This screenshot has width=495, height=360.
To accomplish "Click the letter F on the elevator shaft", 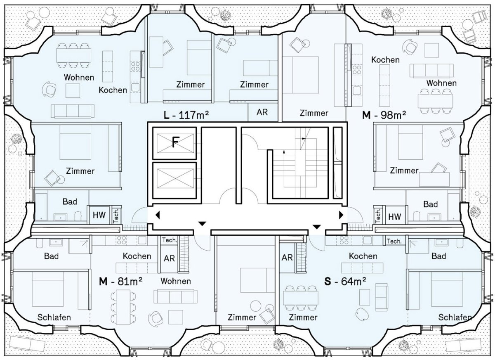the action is (175, 142).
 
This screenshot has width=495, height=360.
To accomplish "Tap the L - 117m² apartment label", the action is (186, 115).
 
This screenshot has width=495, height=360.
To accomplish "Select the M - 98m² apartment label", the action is (384, 115).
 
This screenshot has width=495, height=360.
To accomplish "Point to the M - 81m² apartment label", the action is (120, 282).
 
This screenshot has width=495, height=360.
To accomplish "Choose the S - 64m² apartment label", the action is (345, 281).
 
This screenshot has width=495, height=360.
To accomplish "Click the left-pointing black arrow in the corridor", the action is (158, 215).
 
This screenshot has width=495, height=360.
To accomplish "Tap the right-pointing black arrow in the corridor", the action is (342, 215).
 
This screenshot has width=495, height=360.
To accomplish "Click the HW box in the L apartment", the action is (99, 215).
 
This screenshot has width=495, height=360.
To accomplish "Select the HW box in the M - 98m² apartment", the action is (394, 216).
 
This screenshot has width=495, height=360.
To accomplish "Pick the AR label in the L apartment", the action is (262, 112).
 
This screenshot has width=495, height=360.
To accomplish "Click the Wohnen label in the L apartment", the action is (79, 77).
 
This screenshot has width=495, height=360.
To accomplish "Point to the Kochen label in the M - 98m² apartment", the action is (385, 60).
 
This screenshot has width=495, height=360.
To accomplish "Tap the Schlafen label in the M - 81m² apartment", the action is (54, 317).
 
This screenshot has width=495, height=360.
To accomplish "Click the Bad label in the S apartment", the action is (438, 256).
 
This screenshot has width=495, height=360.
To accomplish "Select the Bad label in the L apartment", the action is (70, 201).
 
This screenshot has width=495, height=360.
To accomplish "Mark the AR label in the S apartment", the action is (287, 257).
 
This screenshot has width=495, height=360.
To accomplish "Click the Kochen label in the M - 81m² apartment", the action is (137, 256).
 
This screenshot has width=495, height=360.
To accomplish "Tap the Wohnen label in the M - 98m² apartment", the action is (441, 83).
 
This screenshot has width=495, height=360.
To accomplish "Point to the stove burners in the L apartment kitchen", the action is (135, 66).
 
